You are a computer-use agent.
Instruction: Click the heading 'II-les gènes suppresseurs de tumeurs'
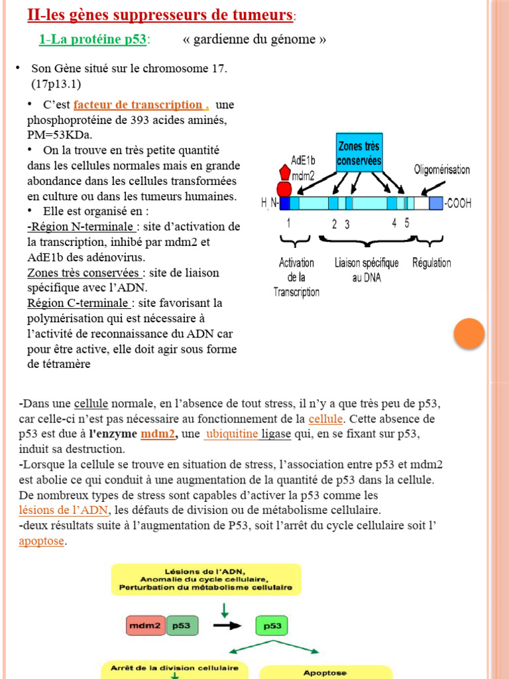(160, 14)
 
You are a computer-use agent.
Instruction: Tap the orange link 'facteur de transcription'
(139, 105)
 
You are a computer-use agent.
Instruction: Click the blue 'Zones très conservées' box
(359, 153)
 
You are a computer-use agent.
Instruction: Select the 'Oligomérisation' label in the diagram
(442, 170)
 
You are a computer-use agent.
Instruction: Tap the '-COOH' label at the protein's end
(458, 203)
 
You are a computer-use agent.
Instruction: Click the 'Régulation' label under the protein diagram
(431, 263)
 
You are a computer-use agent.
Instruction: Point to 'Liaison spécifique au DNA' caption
(367, 270)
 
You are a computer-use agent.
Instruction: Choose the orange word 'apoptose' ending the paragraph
(42, 540)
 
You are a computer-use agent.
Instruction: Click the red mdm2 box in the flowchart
(146, 625)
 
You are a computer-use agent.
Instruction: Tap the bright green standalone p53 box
(272, 625)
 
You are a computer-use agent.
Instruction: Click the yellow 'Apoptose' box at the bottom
(325, 673)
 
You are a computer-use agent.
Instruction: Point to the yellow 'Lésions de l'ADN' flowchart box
(205, 579)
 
